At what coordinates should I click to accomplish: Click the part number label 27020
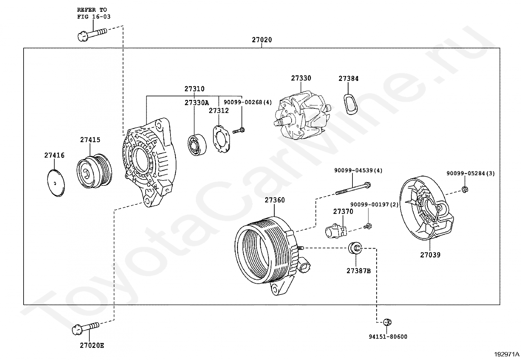[262, 40]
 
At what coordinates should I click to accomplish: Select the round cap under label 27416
[56, 183]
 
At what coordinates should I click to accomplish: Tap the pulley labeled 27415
[94, 171]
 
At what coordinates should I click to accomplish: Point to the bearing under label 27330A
[197, 144]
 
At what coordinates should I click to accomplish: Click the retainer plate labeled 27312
[221, 139]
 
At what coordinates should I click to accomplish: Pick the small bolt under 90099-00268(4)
[238, 131]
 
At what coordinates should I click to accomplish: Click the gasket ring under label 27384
[350, 104]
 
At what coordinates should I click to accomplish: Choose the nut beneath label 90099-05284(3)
[465, 190]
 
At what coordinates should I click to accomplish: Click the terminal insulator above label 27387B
[355, 248]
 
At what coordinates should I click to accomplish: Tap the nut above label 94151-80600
[387, 322]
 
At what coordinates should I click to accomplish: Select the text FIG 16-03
[94, 17]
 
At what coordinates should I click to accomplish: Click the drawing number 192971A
[507, 354]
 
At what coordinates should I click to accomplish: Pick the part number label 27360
[275, 200]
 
